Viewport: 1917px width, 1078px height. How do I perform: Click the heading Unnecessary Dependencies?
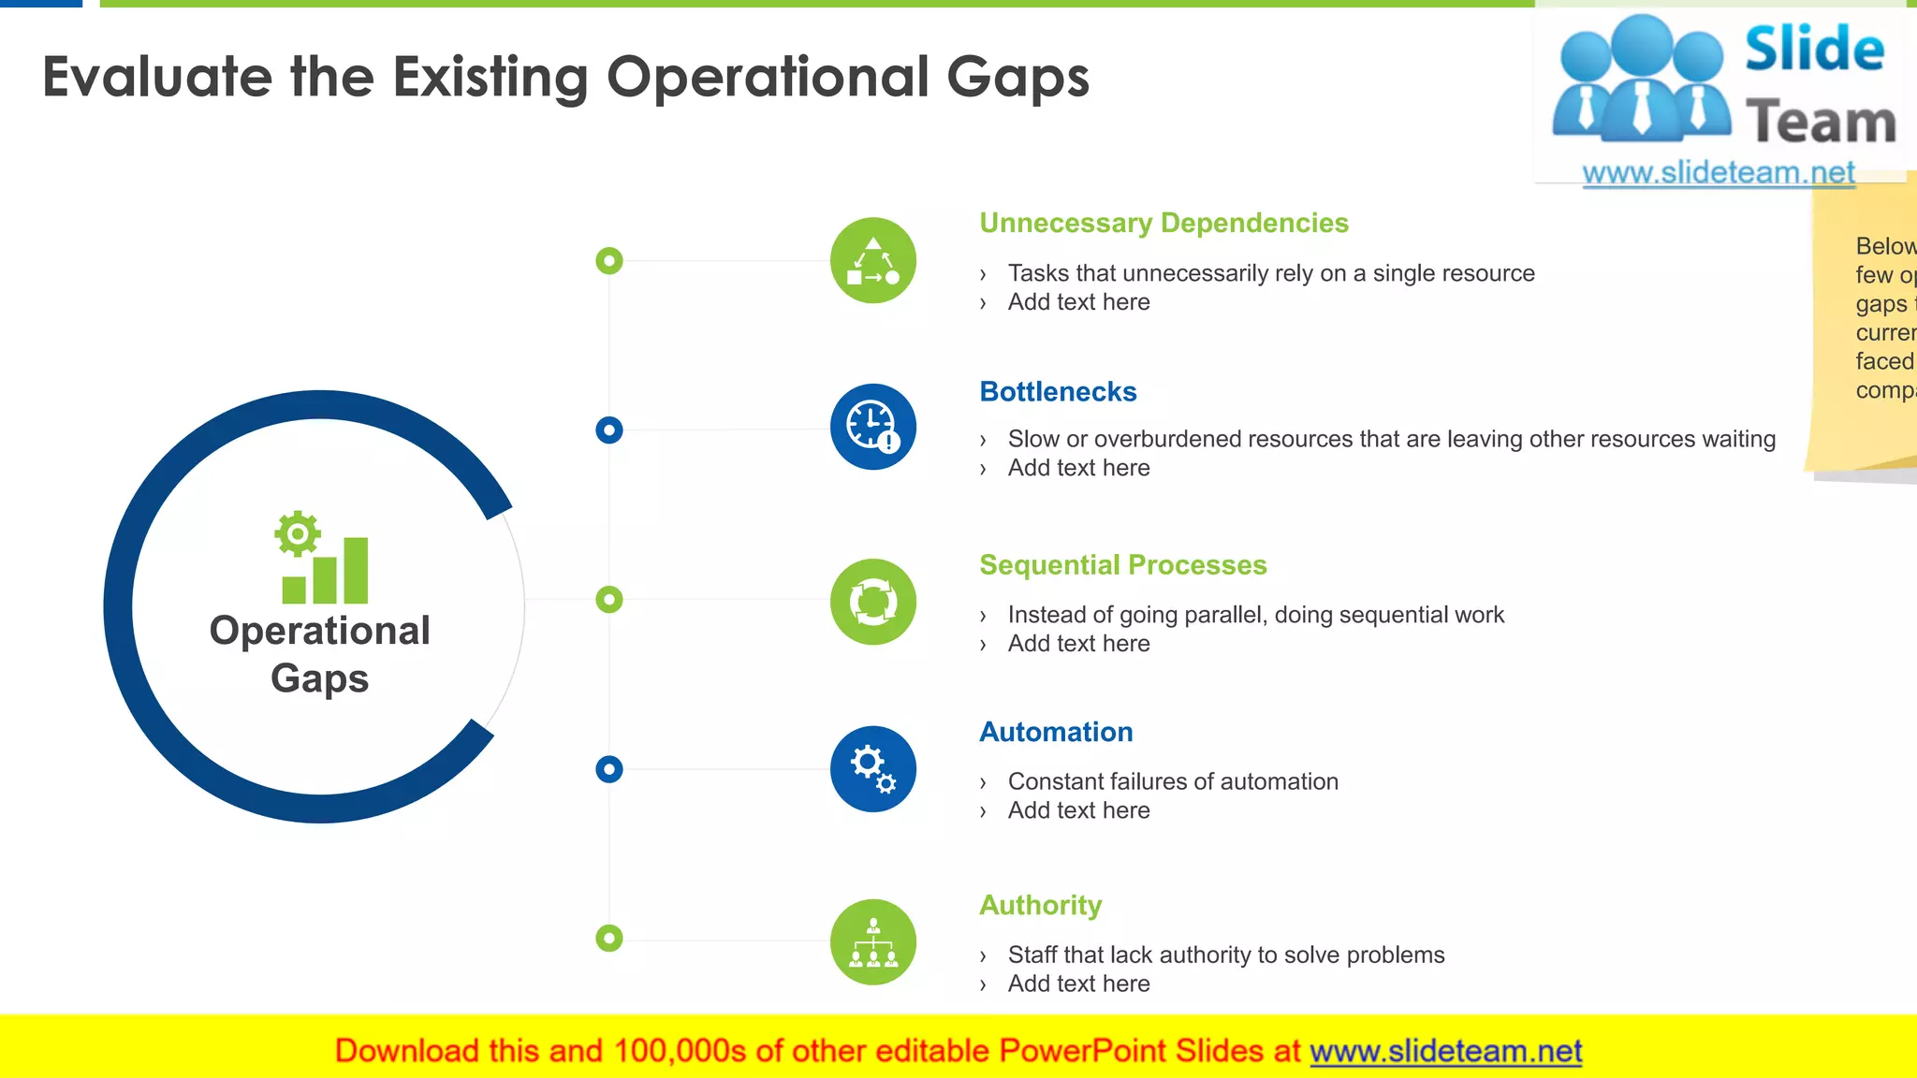click(1163, 224)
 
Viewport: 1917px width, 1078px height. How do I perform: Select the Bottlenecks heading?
click(1058, 392)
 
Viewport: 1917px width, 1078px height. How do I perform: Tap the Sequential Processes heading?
click(1122, 565)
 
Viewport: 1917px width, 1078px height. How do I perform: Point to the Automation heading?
click(1056, 732)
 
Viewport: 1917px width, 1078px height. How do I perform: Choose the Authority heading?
click(1040, 905)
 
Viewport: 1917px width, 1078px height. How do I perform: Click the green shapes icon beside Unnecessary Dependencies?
click(872, 261)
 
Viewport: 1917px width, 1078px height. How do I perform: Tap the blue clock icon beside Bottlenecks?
click(872, 427)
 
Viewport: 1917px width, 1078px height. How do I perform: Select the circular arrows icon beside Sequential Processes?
click(872, 602)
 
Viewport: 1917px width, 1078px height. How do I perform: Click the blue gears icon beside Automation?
click(872, 769)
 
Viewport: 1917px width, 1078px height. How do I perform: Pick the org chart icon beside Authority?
click(872, 942)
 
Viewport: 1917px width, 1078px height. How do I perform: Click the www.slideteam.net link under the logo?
click(1718, 173)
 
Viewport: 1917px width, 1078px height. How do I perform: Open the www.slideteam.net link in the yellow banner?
click(1445, 1052)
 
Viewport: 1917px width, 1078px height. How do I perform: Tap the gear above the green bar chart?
click(298, 534)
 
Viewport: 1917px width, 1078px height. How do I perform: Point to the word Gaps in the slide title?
click(1017, 77)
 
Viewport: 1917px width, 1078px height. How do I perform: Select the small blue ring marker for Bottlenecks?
click(609, 430)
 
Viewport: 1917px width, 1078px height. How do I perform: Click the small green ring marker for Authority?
click(609, 938)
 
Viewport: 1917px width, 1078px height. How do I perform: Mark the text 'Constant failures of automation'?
click(1173, 781)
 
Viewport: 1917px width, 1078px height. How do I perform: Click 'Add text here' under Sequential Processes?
click(1078, 644)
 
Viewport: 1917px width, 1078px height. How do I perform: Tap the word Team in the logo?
click(1820, 123)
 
